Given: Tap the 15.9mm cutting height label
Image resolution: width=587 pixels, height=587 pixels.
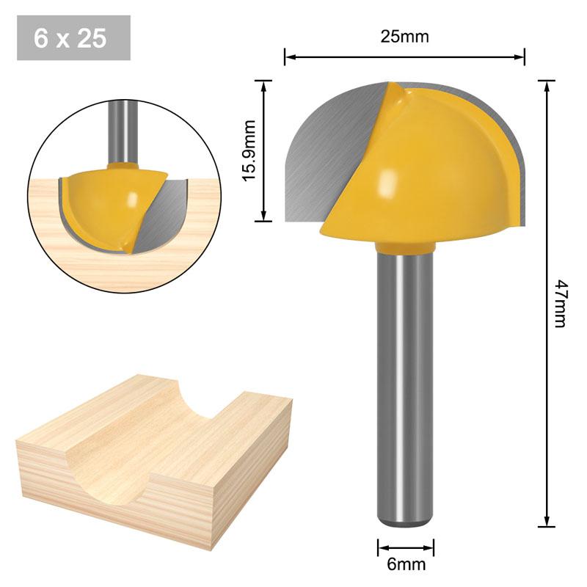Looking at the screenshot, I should [x=249, y=151].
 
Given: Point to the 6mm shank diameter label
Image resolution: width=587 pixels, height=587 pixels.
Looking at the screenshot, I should [x=405, y=564].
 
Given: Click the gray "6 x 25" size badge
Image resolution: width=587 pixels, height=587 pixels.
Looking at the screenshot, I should [x=73, y=38].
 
